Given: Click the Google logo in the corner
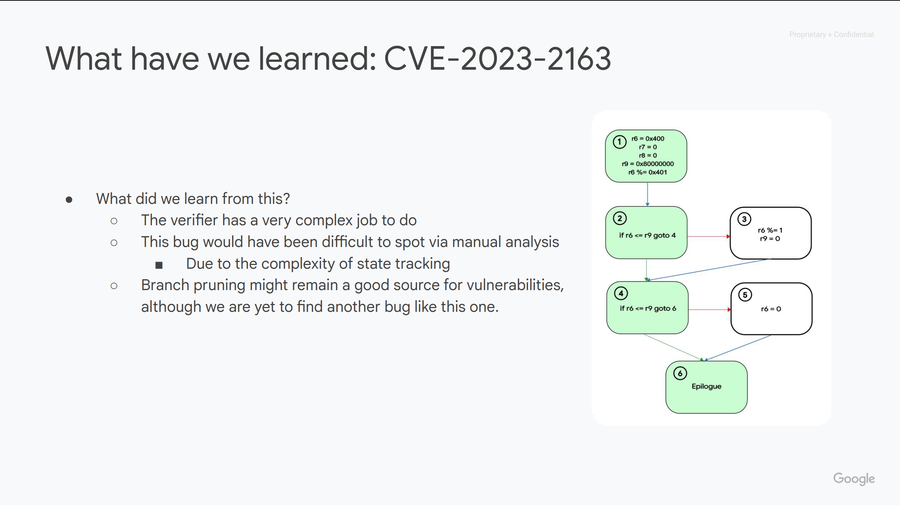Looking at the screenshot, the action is [x=854, y=479].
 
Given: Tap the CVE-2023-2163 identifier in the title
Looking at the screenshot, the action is [x=498, y=58].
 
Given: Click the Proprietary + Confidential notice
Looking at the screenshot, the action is [x=831, y=34].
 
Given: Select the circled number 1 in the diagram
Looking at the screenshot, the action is [x=619, y=142].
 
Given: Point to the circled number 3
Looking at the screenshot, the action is [x=744, y=219].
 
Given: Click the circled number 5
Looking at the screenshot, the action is [x=745, y=295].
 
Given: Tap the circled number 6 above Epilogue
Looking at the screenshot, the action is [x=680, y=373].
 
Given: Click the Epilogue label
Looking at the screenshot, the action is [x=706, y=386].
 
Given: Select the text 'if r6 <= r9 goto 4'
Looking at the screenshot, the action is [x=647, y=235].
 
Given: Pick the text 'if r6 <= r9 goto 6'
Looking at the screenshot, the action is [x=648, y=308].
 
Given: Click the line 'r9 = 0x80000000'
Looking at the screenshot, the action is [x=648, y=164].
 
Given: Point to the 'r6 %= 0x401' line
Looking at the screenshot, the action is [x=648, y=172].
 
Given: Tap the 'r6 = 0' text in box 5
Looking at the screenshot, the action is [x=771, y=309].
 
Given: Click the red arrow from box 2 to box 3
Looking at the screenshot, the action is [x=709, y=237].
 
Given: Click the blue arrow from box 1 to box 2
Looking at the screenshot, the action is [x=648, y=194].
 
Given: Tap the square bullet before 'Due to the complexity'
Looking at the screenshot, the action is [x=159, y=265].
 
